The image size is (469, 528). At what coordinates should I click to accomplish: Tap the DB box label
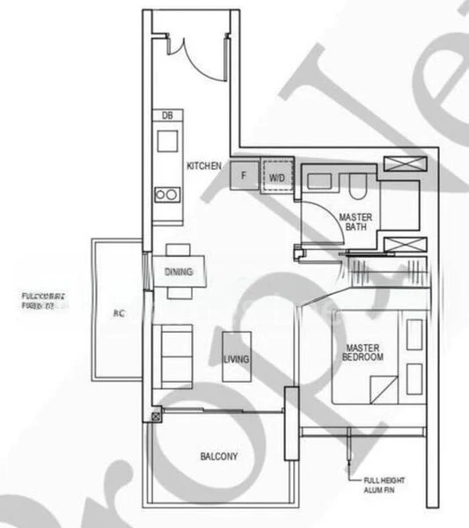(x=166, y=115)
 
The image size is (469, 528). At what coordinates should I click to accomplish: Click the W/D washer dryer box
(x=277, y=176)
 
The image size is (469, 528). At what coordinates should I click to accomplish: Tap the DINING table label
(x=179, y=271)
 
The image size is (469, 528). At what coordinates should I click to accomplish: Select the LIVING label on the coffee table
(x=236, y=358)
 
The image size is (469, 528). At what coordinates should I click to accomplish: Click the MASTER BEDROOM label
(x=363, y=353)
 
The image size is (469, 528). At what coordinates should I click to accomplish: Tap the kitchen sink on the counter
(x=166, y=140)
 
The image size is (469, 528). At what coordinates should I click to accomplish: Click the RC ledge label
(x=118, y=312)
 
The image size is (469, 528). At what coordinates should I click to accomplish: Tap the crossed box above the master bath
(x=406, y=165)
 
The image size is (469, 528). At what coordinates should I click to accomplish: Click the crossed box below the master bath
(x=405, y=246)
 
